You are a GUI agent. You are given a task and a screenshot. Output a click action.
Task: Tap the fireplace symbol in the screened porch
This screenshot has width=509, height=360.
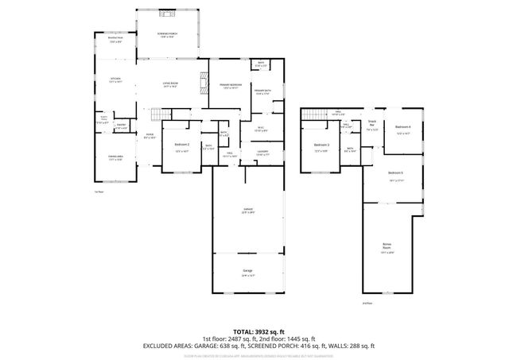(x=168, y=14)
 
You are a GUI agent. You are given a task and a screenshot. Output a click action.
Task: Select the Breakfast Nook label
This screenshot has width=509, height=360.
(x=115, y=41)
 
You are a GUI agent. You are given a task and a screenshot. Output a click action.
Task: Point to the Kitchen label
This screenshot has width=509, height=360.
(x=115, y=80)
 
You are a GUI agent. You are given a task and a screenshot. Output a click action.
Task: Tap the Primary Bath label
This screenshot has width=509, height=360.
(x=262, y=93)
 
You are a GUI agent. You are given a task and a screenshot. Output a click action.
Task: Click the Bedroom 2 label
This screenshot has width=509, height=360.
(x=181, y=145)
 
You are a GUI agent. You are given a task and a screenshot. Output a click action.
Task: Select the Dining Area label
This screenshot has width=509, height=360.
(x=115, y=158)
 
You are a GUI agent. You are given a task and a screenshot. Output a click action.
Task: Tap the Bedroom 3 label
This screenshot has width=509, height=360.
(x=321, y=145)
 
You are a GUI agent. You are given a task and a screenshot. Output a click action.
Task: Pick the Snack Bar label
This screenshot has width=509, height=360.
(x=371, y=123)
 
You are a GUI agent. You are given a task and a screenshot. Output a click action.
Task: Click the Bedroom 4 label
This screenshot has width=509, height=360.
(x=403, y=129)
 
